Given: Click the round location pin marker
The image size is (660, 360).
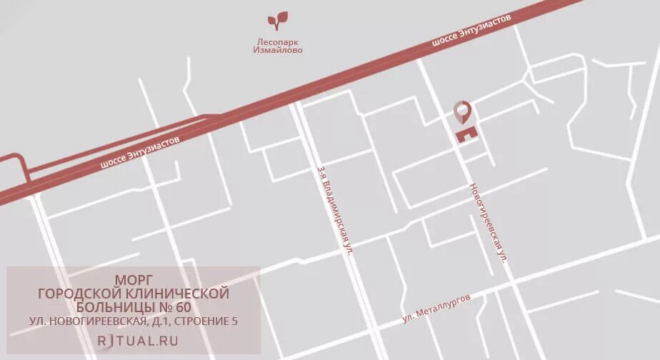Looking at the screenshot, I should click(x=463, y=111).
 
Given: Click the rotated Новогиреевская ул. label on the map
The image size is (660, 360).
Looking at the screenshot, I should click(x=488, y=224).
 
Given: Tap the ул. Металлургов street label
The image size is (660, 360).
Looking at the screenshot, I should click(x=436, y=309).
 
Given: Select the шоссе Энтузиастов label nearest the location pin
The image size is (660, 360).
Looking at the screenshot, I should click(x=471, y=32).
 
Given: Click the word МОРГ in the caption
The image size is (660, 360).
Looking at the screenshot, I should click(x=134, y=279).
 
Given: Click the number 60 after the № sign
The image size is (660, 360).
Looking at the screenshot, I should click(x=182, y=307).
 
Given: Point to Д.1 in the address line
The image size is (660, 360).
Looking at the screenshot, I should click(x=156, y=321).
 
